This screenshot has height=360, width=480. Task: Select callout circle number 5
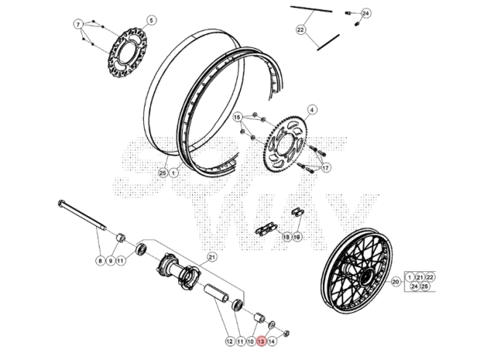(x=151, y=20)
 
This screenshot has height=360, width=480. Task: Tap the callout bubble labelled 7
(x=79, y=25)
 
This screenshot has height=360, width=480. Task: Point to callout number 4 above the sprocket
(x=312, y=111)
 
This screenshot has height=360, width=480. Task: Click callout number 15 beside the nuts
(x=237, y=117)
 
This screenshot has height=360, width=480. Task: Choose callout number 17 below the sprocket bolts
(x=326, y=168)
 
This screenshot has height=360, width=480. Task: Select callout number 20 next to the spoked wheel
(x=396, y=282)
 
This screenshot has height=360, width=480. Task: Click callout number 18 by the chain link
(x=286, y=237)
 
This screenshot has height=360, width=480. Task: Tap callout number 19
(x=297, y=237)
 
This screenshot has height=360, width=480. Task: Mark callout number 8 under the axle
(x=100, y=260)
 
